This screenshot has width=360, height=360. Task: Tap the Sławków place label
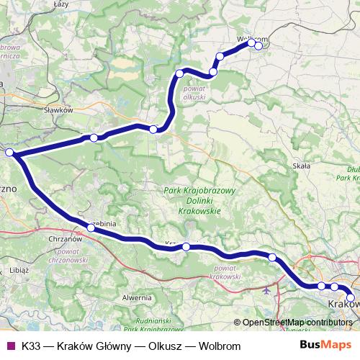pos(59,110)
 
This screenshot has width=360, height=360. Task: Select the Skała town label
pos(301,166)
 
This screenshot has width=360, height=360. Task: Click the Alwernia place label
pos(137,297)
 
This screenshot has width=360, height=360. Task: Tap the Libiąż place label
pos(19,269)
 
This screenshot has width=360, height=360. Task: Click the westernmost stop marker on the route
pos(9,153)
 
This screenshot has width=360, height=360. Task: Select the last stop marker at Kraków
pos(351,297)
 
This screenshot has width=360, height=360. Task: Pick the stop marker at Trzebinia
pos(91,228)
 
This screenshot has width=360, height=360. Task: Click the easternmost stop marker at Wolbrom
pos(258,46)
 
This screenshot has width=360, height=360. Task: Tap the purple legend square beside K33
pos(9,346)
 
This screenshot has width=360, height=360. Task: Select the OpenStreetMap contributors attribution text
pos(297,323)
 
